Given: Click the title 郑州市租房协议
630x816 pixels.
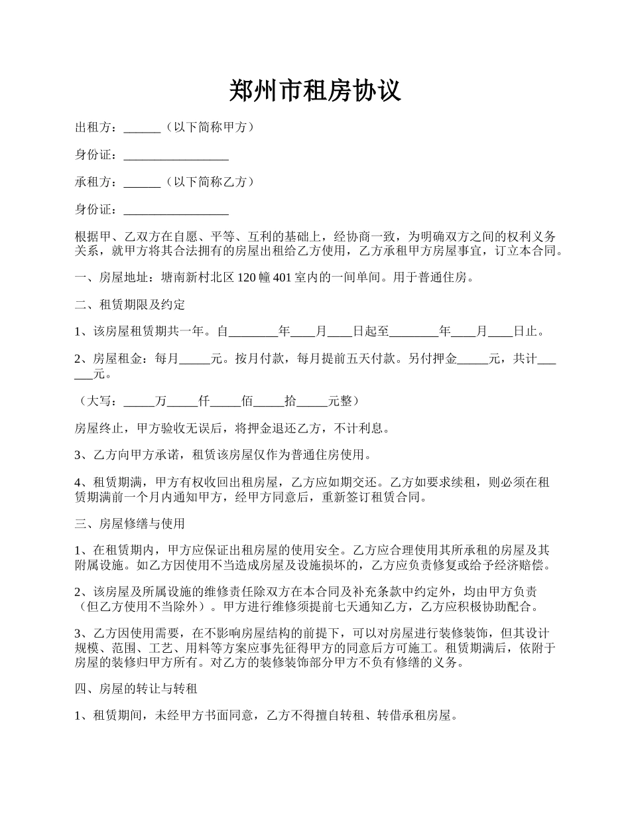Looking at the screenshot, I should pos(315,90).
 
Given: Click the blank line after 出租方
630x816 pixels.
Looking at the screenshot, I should pos(142,128).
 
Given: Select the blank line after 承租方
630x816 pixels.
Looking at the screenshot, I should pos(142,182).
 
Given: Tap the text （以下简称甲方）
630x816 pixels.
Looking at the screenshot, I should pos(208,127).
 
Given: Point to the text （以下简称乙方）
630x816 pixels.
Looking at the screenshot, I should pos(208,182).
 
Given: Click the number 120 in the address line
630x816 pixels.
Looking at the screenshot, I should pos(246,277).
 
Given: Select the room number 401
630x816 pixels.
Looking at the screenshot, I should pos(282,277).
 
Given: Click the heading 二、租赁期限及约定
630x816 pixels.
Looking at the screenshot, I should pos(130,305).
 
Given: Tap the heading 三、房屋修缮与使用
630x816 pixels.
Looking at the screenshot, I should pos(130,523).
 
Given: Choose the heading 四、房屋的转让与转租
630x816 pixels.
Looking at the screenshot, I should pos(136,689).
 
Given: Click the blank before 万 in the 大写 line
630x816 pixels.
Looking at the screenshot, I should pos(139,401).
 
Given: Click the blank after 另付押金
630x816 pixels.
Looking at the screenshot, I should pos(473,360).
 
